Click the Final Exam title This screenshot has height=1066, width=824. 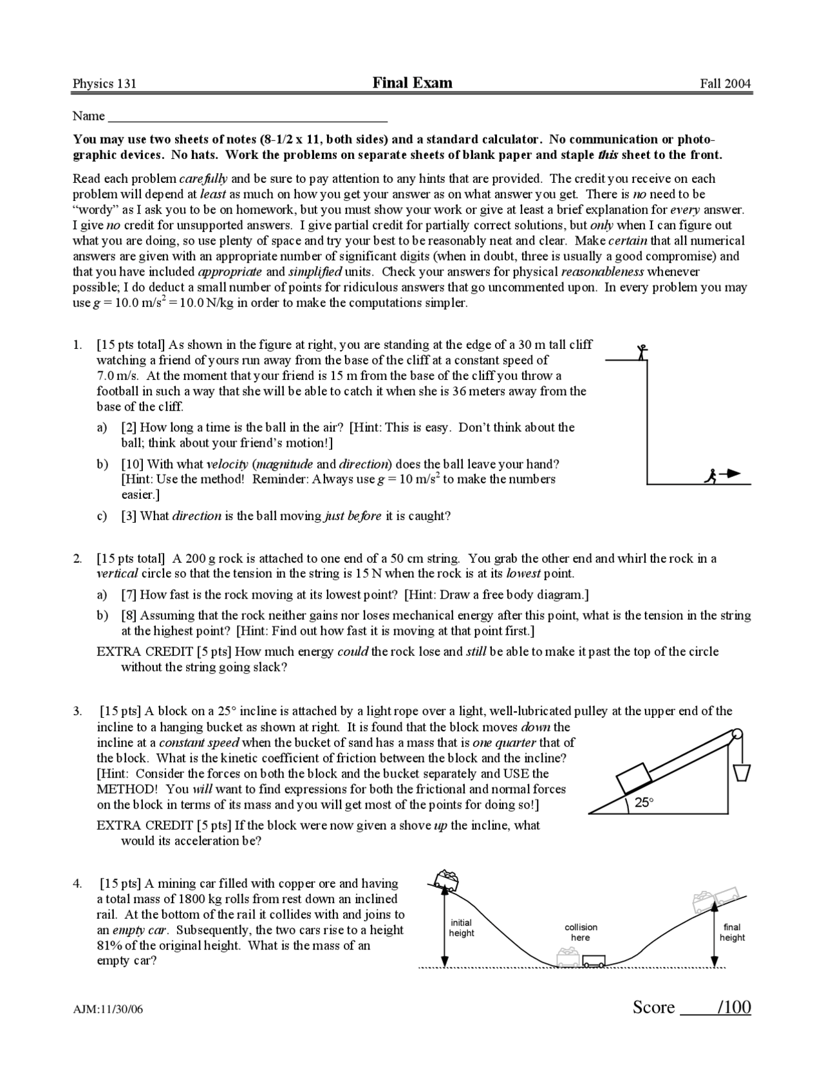click(x=412, y=82)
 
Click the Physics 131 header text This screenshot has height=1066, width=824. click(x=104, y=84)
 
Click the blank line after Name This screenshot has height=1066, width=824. click(x=248, y=117)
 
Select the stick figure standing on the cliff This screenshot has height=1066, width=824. click(x=641, y=351)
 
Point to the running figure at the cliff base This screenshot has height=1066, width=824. click(x=710, y=476)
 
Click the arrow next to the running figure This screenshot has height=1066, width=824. click(x=731, y=474)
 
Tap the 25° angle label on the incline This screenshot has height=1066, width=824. click(x=643, y=802)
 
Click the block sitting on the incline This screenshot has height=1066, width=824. click(x=639, y=777)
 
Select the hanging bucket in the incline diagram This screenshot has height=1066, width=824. click(x=742, y=771)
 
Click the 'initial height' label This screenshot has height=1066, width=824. click(x=462, y=928)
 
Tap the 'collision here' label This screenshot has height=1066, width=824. click(x=581, y=932)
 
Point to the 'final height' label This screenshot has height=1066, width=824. click(x=732, y=931)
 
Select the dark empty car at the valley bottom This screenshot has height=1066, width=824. click(x=594, y=960)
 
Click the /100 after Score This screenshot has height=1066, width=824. click(x=735, y=1007)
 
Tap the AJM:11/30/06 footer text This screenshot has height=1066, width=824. click(x=108, y=1009)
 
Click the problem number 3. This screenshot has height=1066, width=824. click(x=77, y=711)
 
